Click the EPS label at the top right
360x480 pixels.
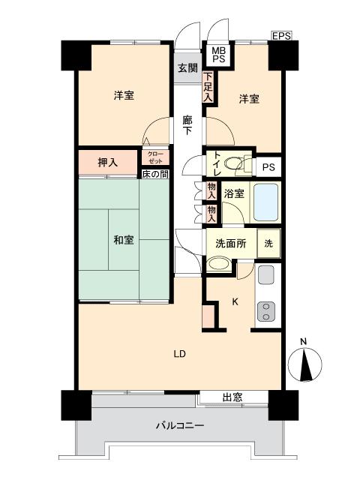point(281,35)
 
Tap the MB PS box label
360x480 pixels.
point(218,54)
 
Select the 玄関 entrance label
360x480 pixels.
point(187,68)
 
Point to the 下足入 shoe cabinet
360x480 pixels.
point(208,87)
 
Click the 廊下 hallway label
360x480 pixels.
point(187,124)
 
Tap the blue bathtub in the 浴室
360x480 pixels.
point(266,200)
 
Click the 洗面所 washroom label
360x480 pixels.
point(230,243)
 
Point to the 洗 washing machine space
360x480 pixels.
point(268,243)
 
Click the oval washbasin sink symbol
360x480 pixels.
point(219,264)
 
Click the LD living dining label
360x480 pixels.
point(180,353)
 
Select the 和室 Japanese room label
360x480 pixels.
point(124,240)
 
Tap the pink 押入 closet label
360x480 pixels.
point(108,161)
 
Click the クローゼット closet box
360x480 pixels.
point(155,157)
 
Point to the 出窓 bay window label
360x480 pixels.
point(232,397)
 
